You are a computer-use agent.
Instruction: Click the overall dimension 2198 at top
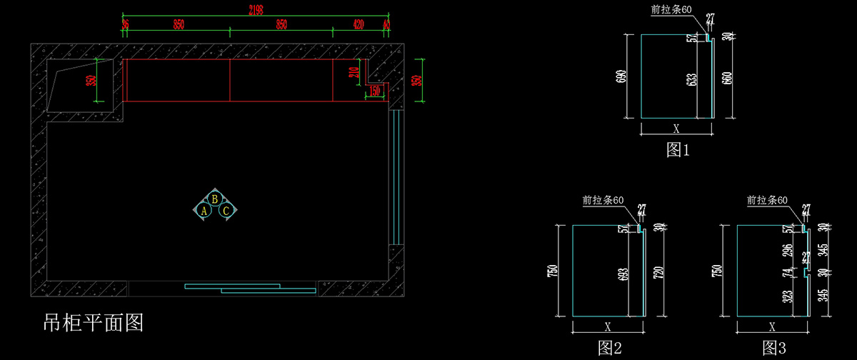256,9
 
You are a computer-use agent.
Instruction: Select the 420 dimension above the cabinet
359,24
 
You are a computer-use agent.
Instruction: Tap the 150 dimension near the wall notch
374,91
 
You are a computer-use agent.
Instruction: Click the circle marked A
204,211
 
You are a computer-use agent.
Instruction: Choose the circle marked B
215,199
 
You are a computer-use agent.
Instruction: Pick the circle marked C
226,211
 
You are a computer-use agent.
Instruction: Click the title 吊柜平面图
94,323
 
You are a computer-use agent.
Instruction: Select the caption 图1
678,149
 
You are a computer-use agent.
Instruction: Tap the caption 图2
609,348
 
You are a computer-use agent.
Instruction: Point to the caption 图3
773,348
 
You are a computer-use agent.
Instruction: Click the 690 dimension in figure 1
621,76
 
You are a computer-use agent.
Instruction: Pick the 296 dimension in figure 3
788,250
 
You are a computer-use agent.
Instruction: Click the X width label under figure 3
772,327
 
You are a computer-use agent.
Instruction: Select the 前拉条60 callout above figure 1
671,9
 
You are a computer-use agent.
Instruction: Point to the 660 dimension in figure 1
727,79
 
